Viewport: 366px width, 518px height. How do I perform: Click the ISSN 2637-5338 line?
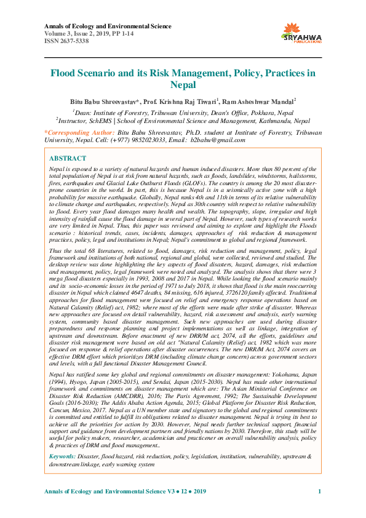point(67,42)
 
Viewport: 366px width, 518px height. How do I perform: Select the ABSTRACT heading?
point(68,158)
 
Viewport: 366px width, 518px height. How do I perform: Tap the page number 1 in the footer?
point(319,492)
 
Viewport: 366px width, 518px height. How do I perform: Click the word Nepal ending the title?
point(183,85)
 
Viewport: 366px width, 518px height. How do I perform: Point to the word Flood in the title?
point(64,73)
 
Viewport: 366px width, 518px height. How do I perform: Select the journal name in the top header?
point(98,26)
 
